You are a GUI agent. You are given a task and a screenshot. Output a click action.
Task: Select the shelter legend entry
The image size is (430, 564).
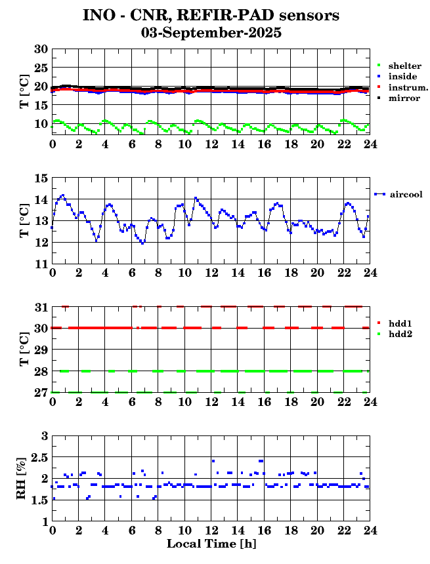point(404,66)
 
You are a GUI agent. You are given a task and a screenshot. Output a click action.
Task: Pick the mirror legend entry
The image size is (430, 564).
point(404,98)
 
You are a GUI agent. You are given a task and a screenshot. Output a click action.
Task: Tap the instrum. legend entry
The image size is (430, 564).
point(408,87)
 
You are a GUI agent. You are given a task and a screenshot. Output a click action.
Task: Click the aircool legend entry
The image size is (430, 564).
point(405,194)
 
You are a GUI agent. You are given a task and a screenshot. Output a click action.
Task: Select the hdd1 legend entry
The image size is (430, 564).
point(400,323)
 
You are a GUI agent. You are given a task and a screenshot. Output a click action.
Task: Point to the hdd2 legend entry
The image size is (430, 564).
point(400,334)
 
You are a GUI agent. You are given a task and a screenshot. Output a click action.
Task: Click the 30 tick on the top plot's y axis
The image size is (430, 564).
point(41,49)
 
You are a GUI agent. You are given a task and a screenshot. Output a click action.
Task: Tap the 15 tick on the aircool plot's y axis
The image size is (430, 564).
point(41,178)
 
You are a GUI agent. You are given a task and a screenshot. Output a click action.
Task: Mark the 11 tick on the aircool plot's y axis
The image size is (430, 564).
point(41,264)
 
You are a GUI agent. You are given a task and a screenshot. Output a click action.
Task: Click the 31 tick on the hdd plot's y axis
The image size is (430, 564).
point(41,307)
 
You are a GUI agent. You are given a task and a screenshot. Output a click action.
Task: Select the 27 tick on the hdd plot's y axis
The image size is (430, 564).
point(41,392)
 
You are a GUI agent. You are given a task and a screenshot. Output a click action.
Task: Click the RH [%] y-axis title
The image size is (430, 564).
point(21,478)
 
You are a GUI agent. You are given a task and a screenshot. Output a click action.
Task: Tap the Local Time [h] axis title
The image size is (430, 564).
point(211,544)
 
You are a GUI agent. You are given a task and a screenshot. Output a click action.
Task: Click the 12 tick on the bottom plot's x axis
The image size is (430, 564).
point(211,531)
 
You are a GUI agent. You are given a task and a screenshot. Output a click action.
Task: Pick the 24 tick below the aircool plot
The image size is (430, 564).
point(370,273)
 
